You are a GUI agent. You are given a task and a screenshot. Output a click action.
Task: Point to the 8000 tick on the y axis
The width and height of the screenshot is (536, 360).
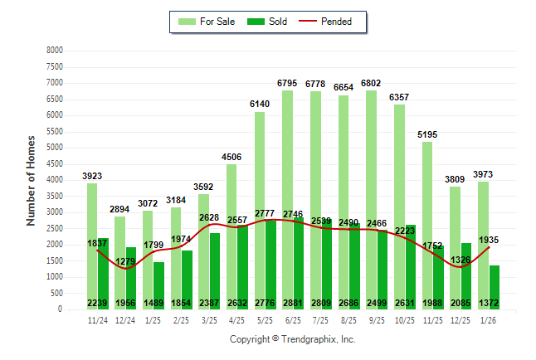pyautogui.click(x=54, y=50)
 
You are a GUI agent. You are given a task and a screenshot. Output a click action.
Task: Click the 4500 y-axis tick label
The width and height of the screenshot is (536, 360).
pyautogui.click(x=54, y=163)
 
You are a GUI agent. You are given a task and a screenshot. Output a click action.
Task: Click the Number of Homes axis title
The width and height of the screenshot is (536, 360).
pyautogui.click(x=32, y=180)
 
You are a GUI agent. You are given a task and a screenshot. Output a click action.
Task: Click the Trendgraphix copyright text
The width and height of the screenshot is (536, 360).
pyautogui.click(x=292, y=339)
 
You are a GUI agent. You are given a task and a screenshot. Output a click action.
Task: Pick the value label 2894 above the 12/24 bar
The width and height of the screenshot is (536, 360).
pyautogui.click(x=120, y=210)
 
